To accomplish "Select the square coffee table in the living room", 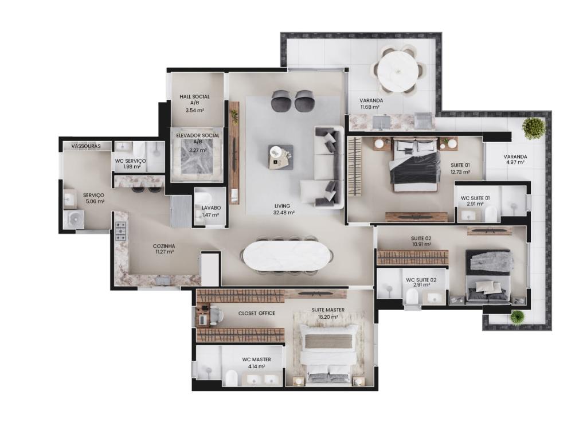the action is coord(281,157).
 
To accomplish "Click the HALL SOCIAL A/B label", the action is coord(195,99).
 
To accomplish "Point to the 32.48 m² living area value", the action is coord(284,213).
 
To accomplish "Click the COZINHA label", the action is coord(164,246).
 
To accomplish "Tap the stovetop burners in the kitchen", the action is coord(120,231).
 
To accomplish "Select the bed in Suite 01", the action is coord(414,165).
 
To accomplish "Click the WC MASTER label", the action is coord(256,360).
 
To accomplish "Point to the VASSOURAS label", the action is coord(86,146).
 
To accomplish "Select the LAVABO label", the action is coord(211,208).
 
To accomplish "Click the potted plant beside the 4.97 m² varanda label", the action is coord(533,128).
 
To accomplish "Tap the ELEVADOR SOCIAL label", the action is coord(198,135).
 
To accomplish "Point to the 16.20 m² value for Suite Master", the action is coord(328,316).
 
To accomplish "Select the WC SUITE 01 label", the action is coord(475,198).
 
